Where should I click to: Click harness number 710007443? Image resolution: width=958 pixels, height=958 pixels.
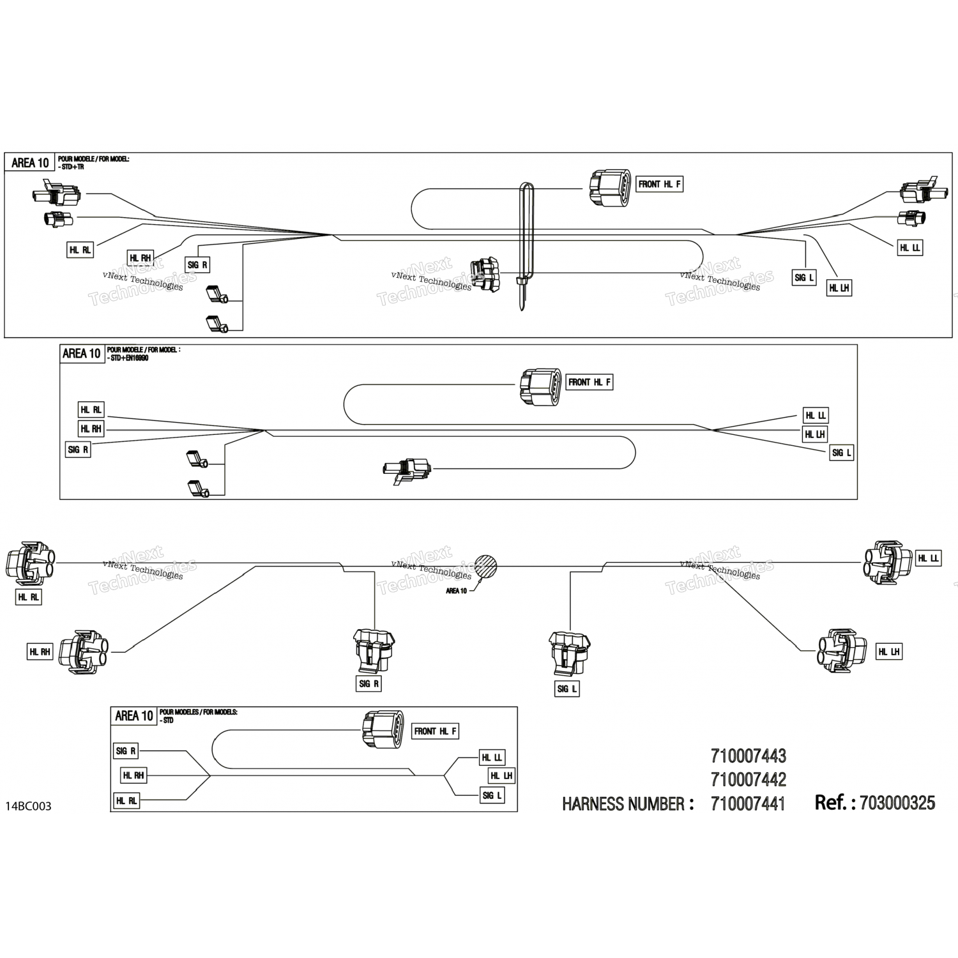748,756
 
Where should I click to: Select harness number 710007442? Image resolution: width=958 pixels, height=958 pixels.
748,779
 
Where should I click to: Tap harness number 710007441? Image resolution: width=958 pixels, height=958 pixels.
748,803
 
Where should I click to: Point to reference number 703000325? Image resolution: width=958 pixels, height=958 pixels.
897,803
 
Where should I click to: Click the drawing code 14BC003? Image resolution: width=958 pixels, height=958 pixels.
28,806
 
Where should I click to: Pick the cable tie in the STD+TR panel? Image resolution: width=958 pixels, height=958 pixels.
524,246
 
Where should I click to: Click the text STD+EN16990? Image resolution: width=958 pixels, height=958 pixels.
128,358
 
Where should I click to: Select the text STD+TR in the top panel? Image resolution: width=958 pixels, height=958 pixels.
70,167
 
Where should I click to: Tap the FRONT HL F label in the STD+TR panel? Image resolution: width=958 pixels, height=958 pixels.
660,185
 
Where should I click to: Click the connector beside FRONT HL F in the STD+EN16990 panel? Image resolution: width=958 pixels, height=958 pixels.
541,386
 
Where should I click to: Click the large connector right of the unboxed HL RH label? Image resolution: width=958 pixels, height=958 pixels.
82,651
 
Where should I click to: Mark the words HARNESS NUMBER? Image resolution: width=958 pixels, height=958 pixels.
628,803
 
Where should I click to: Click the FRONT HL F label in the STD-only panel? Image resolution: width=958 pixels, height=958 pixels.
436,731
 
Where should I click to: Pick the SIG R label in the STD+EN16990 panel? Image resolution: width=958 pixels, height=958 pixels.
78,450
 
